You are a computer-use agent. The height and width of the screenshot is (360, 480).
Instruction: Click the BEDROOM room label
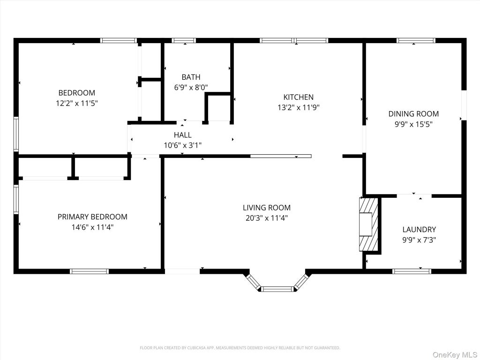pos(77,93)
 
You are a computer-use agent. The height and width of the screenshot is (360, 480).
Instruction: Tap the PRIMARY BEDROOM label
pos(92,217)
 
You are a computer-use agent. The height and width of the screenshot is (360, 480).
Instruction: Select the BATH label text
pos(191,77)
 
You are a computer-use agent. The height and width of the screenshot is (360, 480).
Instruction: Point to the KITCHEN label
pos(299,97)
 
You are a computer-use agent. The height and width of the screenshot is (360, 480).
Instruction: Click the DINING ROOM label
pos(413,114)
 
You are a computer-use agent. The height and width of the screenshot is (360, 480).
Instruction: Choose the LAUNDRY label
pos(419,230)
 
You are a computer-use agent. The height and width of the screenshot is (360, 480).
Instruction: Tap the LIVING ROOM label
pos(267,208)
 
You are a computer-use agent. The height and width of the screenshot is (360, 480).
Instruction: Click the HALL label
pos(183,135)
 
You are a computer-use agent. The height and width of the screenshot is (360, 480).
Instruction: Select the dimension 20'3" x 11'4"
pos(267,218)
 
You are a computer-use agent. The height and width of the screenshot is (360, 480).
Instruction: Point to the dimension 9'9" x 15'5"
pos(413,124)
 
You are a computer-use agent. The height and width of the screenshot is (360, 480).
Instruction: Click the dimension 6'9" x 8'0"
pos(191,88)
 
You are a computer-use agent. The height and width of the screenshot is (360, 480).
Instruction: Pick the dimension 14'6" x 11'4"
pos(92,227)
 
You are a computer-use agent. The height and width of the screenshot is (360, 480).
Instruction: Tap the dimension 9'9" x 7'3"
pos(419,240)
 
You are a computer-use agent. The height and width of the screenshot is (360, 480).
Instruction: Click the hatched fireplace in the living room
pos(368,225)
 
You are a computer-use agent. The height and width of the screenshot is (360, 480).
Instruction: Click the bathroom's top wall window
pos(184,40)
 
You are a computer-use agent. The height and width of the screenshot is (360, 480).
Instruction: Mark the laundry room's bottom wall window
pos(412,271)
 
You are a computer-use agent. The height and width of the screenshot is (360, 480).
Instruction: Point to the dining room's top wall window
pos(416,40)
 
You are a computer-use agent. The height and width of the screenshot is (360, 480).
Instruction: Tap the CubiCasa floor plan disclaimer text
pos(240,348)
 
